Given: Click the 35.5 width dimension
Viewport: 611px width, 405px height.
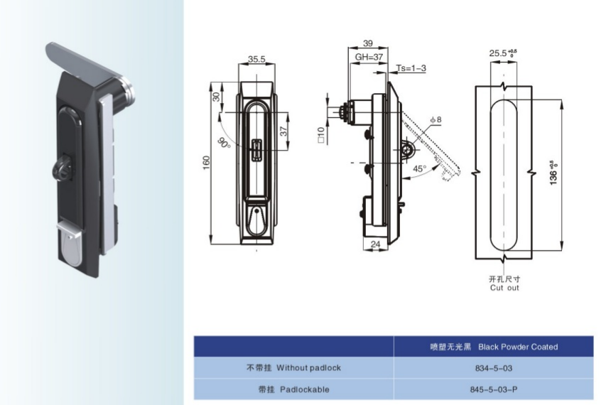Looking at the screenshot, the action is (x=256, y=59).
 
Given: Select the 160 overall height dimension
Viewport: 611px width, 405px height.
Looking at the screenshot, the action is (x=206, y=163).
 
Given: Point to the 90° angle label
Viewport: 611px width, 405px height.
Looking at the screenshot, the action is (x=224, y=143).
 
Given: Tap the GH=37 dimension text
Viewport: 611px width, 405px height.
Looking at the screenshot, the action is (x=369, y=57).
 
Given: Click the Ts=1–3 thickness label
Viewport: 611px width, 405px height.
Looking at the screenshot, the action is (x=411, y=68).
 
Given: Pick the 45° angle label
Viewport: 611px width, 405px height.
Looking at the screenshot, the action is (x=420, y=169).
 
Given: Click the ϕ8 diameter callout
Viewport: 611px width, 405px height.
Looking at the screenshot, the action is (x=436, y=119).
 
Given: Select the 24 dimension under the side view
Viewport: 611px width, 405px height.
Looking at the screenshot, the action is (x=375, y=244).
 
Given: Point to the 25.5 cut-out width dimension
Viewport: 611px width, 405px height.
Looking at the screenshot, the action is (x=503, y=53).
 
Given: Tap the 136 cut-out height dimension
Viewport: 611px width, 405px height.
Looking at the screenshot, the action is (x=553, y=173).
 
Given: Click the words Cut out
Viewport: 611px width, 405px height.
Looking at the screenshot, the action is (x=504, y=288).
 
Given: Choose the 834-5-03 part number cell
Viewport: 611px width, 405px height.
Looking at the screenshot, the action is (x=494, y=368).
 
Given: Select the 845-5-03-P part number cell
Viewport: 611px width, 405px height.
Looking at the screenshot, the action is (x=494, y=389).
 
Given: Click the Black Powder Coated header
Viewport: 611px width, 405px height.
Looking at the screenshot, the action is (x=518, y=347).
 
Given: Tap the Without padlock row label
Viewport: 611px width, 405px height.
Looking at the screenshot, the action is (x=308, y=367).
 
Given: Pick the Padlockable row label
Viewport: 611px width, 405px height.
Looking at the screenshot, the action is (x=305, y=389).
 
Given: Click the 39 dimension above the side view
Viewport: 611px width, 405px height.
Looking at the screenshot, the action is (x=367, y=43).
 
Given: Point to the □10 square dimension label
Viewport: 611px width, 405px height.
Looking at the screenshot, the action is (x=321, y=135).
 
